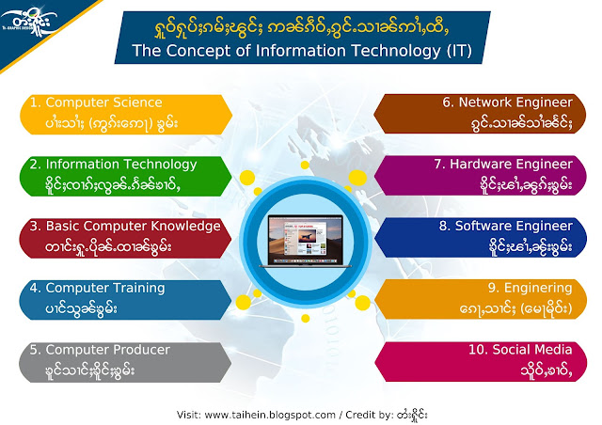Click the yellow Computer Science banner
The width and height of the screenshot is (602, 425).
(x=126, y=115)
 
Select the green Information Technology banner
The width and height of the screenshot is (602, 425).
(x=126, y=176)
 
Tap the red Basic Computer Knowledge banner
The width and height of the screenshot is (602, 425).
(x=125, y=238)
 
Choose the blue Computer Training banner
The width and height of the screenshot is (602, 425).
(x=125, y=300)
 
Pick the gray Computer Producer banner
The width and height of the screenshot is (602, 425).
(x=125, y=362)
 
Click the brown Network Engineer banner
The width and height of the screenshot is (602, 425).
(x=480, y=114)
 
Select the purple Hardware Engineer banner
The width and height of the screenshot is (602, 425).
(x=481, y=176)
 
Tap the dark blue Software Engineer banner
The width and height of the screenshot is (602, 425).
(x=481, y=237)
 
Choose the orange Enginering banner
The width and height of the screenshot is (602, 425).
(x=481, y=299)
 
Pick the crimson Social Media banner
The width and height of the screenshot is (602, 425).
(x=481, y=361)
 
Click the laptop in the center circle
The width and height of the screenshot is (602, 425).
(x=305, y=241)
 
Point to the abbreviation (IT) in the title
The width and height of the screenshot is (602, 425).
(x=459, y=51)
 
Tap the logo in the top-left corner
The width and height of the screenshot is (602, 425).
(x=29, y=21)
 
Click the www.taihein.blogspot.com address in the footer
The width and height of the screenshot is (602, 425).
(x=270, y=415)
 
